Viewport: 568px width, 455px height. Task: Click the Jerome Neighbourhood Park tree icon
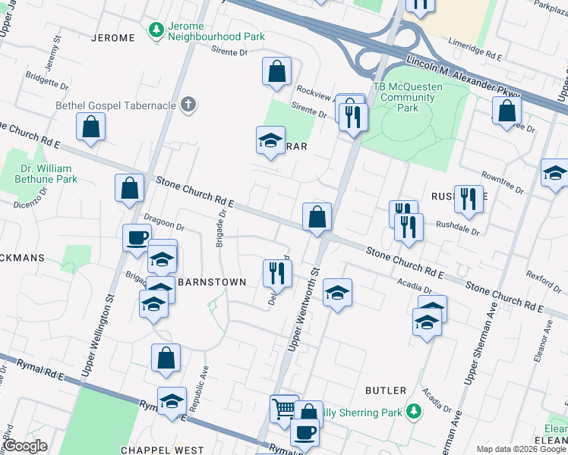click(157, 30)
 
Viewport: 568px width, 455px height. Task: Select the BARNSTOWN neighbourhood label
click(212, 282)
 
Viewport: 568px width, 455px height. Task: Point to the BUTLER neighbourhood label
click(386, 391)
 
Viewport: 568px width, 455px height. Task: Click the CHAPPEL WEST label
click(162, 450)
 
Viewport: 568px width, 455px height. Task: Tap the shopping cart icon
click(283, 408)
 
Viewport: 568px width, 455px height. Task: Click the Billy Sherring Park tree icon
click(414, 412)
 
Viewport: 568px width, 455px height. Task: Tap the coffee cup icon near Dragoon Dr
click(137, 237)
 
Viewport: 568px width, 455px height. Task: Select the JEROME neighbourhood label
click(112, 37)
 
